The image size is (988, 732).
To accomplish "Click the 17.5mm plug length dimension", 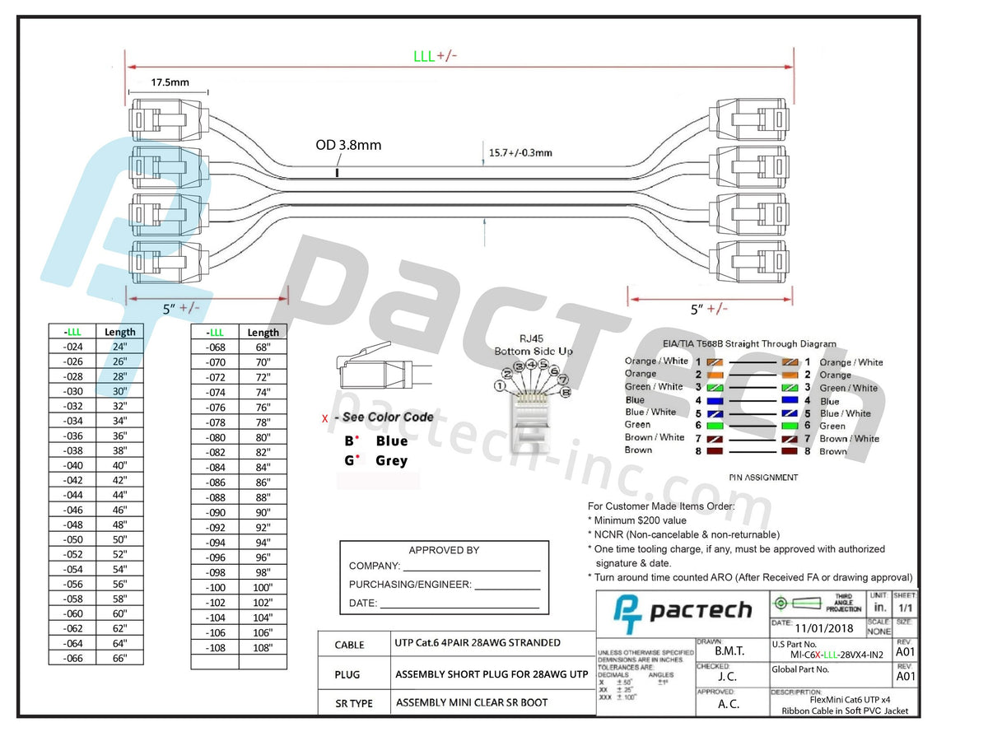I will point(170,82).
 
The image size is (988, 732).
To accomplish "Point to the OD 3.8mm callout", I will point(348,145).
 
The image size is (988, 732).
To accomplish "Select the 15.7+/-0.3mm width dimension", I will point(520,152).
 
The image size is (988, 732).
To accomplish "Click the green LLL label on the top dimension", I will point(424,56).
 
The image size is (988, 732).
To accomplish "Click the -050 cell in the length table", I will point(72,539).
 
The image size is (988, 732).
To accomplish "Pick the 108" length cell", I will point(263,647).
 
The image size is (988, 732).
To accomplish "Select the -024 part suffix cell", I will point(72,347).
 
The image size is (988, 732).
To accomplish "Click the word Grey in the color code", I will point(391,461).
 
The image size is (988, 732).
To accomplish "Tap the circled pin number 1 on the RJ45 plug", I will point(500,385).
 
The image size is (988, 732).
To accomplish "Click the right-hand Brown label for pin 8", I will point(832,451).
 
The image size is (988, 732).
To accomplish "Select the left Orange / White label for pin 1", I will point(656,361).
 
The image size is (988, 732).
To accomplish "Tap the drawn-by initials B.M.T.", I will point(729,650).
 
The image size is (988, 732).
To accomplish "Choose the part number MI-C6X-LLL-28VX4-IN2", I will point(827,655).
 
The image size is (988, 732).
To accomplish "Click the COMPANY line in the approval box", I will point(445,566).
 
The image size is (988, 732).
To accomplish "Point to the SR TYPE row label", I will point(353,703).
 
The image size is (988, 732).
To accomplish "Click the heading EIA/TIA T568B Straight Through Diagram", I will point(749,344).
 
